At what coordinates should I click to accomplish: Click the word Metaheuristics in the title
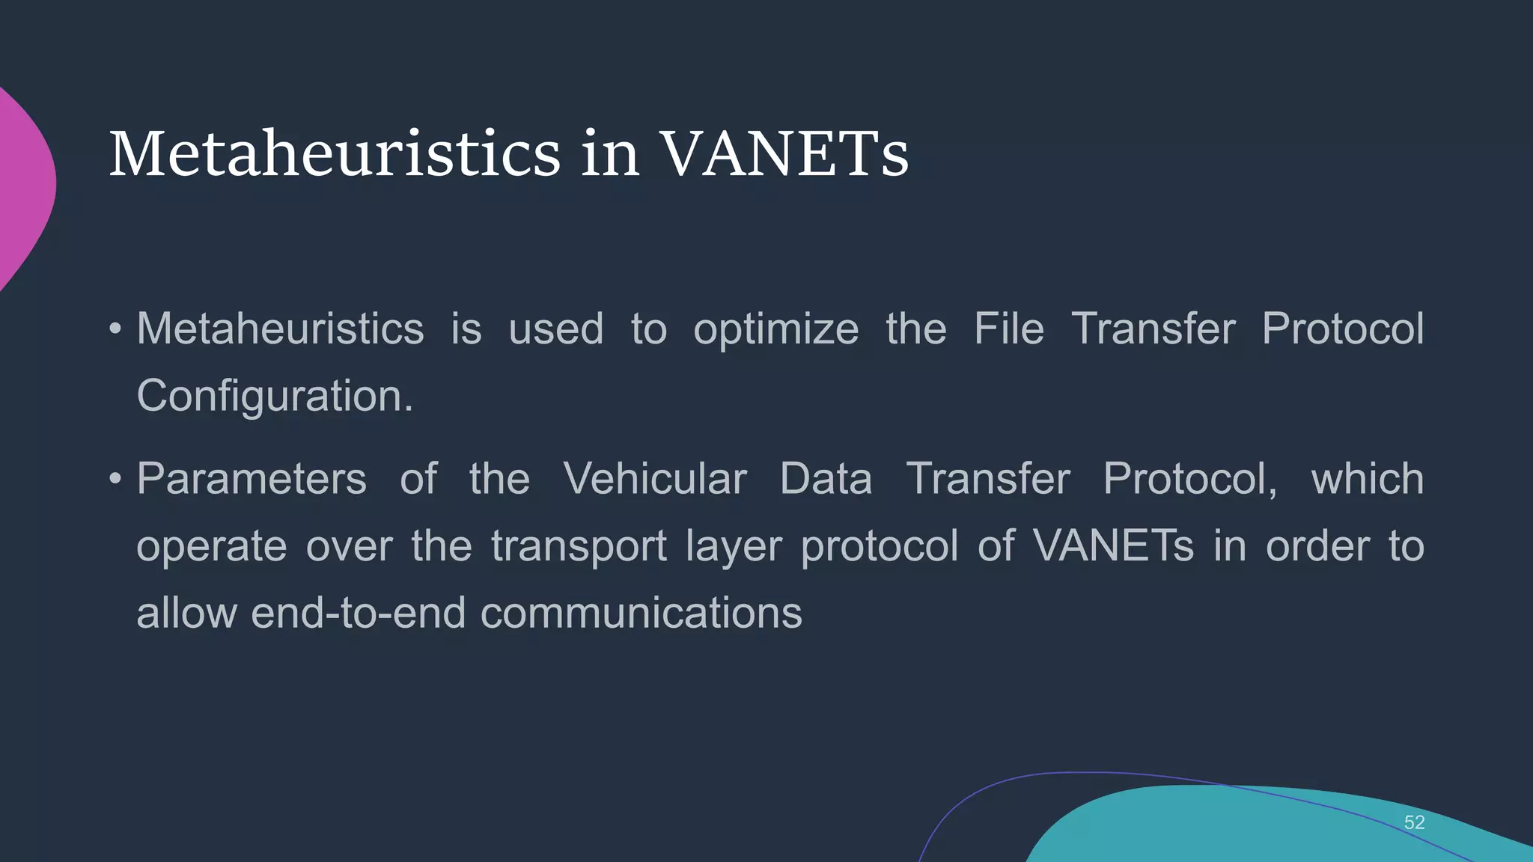pyautogui.click(x=335, y=153)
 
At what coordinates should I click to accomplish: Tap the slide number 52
pyautogui.click(x=1414, y=822)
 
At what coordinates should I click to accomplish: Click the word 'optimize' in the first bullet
pyautogui.click(x=775, y=329)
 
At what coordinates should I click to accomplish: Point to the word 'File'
pyautogui.click(x=1008, y=329)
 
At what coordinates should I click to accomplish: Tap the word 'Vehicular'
pyautogui.click(x=655, y=479)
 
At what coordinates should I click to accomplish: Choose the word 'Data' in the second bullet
pyautogui.click(x=826, y=479)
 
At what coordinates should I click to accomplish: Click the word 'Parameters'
pyautogui.click(x=252, y=479)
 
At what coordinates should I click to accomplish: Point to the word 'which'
pyautogui.click(x=1367, y=479)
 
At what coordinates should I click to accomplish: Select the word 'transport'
pyautogui.click(x=579, y=546)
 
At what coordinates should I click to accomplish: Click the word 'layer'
pyautogui.click(x=733, y=546)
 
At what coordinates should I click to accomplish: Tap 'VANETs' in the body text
pyautogui.click(x=1113, y=546)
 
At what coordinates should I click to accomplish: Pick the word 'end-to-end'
pyautogui.click(x=358, y=613)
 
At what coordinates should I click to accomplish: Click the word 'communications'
pyautogui.click(x=641, y=613)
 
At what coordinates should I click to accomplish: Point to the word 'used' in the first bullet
pyautogui.click(x=555, y=329)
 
